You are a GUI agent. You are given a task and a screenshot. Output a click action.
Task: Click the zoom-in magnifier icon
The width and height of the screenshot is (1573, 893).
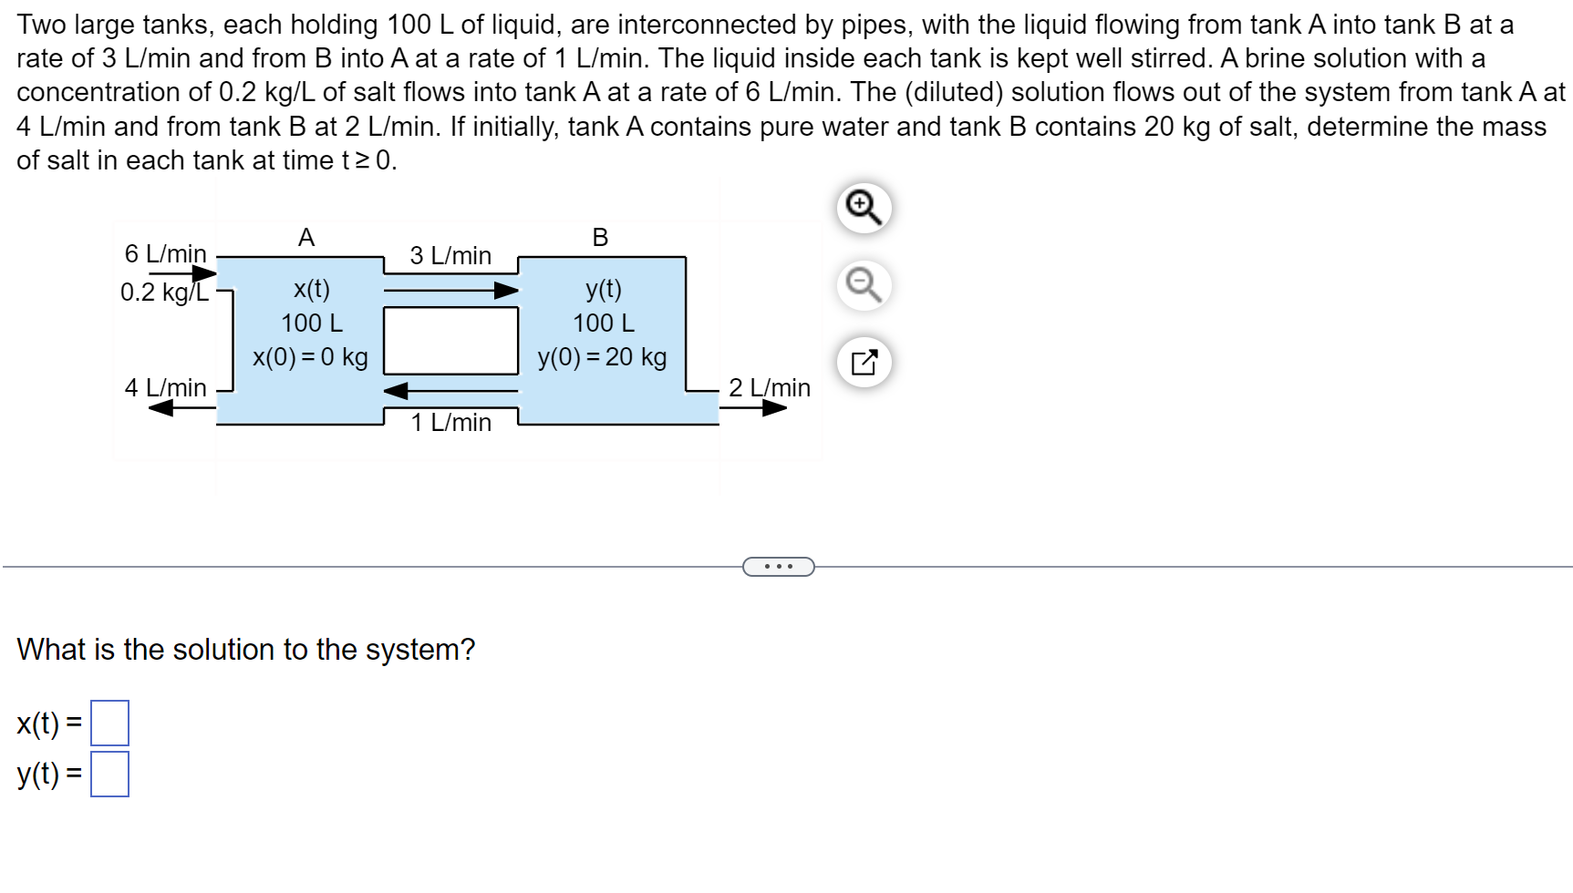click(863, 208)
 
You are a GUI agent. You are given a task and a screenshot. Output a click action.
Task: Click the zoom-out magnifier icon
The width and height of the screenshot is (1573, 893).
click(863, 285)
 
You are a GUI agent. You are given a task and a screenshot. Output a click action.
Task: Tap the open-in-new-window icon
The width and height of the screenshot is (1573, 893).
click(863, 363)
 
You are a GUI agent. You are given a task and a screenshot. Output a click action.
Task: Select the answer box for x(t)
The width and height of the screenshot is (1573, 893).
click(109, 723)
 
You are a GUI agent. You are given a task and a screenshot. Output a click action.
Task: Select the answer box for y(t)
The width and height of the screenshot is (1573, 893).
click(109, 774)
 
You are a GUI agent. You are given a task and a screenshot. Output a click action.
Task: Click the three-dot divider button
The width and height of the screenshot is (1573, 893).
click(778, 567)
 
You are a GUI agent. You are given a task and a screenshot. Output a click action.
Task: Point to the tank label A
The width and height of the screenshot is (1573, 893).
click(306, 238)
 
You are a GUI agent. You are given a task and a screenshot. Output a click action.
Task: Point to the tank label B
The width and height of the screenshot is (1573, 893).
click(600, 238)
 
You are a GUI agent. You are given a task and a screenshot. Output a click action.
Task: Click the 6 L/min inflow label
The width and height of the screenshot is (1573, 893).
click(165, 253)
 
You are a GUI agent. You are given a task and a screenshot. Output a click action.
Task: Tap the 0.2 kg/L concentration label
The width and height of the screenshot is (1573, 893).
click(164, 293)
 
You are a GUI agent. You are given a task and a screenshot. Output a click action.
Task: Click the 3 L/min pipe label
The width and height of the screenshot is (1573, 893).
click(450, 256)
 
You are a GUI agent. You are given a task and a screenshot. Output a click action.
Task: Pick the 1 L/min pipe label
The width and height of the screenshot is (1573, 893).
click(450, 423)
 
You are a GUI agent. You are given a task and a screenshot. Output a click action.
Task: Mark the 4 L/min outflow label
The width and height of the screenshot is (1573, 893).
click(165, 388)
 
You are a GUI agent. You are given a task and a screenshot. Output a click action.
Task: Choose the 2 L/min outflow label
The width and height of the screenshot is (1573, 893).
click(769, 388)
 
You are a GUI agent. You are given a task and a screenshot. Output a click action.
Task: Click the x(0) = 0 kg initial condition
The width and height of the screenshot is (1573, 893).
click(310, 357)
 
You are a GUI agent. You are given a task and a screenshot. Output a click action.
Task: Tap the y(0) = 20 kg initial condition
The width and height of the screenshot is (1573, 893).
click(602, 357)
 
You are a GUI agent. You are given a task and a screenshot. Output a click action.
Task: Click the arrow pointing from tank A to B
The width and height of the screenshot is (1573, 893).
click(450, 291)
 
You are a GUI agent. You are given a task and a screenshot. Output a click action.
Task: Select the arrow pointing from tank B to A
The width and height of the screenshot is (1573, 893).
click(450, 391)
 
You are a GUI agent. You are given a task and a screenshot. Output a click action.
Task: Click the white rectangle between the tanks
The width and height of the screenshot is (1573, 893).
click(450, 341)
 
